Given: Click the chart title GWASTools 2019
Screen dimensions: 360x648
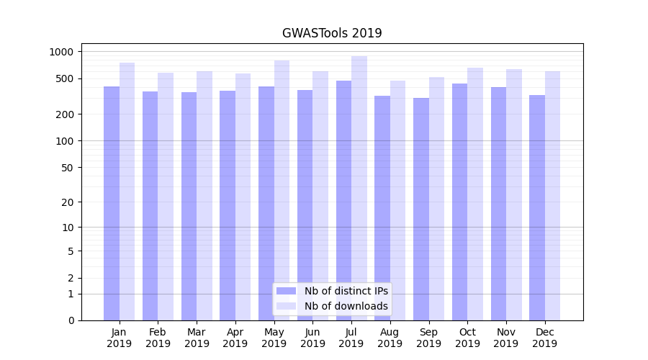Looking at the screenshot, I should click(x=332, y=33).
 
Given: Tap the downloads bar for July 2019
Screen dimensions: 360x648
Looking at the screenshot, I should click(x=359, y=188).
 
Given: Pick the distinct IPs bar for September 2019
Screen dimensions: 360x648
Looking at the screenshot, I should click(x=421, y=209).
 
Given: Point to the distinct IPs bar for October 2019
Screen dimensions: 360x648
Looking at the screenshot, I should click(x=459, y=202).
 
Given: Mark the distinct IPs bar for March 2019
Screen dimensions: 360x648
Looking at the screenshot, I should click(x=189, y=206).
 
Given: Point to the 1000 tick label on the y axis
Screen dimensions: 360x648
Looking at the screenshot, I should click(x=61, y=52).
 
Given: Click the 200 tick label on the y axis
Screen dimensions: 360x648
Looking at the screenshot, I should click(x=65, y=114).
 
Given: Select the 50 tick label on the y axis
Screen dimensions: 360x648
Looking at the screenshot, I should click(x=67, y=168).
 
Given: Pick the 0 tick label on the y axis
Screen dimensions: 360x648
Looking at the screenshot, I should click(x=71, y=320).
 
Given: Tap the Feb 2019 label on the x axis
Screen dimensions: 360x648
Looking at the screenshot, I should click(x=158, y=338).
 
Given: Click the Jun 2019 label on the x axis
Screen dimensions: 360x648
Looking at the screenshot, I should click(x=312, y=338).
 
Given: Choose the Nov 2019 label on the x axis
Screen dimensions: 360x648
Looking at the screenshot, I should click(x=506, y=338).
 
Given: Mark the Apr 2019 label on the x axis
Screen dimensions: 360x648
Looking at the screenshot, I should click(x=235, y=338).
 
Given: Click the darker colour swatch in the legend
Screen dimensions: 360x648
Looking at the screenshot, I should click(x=287, y=291).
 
